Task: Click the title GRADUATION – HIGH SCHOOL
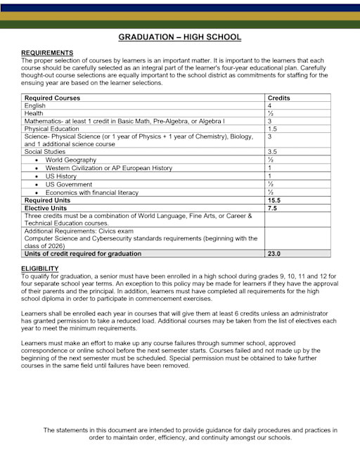pos(179,37)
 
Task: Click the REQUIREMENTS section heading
pos(47,53)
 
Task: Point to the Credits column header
pos(279,98)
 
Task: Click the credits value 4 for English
pos(270,105)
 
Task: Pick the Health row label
pos(34,113)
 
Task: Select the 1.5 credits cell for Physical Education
pos(272,129)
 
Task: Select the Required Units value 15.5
pos(274,200)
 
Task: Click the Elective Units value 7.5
pos(272,208)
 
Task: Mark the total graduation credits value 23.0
pos(274,254)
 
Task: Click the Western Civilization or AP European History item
pos(108,168)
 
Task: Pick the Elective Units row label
pos(49,208)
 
